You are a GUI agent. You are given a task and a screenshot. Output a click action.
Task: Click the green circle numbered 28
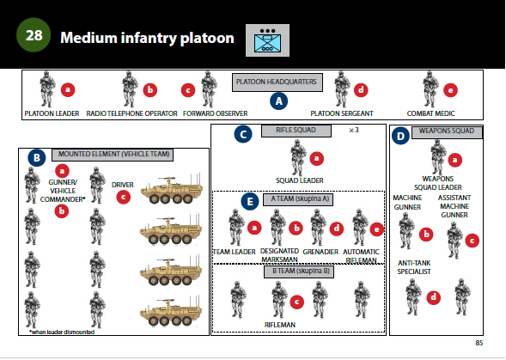34,35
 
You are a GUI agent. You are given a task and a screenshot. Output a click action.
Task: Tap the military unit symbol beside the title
267,40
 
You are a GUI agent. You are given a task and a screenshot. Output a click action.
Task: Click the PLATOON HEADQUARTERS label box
277,82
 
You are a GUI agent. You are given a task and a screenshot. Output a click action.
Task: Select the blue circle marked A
279,101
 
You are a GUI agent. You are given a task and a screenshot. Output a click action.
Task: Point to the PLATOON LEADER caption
52,113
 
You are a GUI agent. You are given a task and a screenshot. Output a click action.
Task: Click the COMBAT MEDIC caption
430,113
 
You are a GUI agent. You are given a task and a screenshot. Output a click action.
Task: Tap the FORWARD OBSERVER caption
216,113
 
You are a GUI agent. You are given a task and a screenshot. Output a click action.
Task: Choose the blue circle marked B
37,157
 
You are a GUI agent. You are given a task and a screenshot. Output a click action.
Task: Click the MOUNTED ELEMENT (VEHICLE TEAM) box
113,155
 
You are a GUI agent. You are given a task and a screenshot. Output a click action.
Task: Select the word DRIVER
122,185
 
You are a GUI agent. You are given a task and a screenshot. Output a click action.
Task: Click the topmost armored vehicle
172,189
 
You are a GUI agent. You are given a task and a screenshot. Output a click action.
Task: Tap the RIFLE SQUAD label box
296,131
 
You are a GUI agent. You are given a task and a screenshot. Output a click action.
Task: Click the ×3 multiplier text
354,130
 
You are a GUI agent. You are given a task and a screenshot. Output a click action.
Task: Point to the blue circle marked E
250,201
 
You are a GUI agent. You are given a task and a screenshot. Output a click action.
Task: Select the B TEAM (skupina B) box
299,272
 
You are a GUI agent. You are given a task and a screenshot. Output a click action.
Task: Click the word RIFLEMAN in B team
280,325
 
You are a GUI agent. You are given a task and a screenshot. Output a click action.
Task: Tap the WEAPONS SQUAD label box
448,132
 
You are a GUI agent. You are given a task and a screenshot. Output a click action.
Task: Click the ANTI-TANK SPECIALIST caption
414,267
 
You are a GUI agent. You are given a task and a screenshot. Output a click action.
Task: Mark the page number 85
479,343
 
